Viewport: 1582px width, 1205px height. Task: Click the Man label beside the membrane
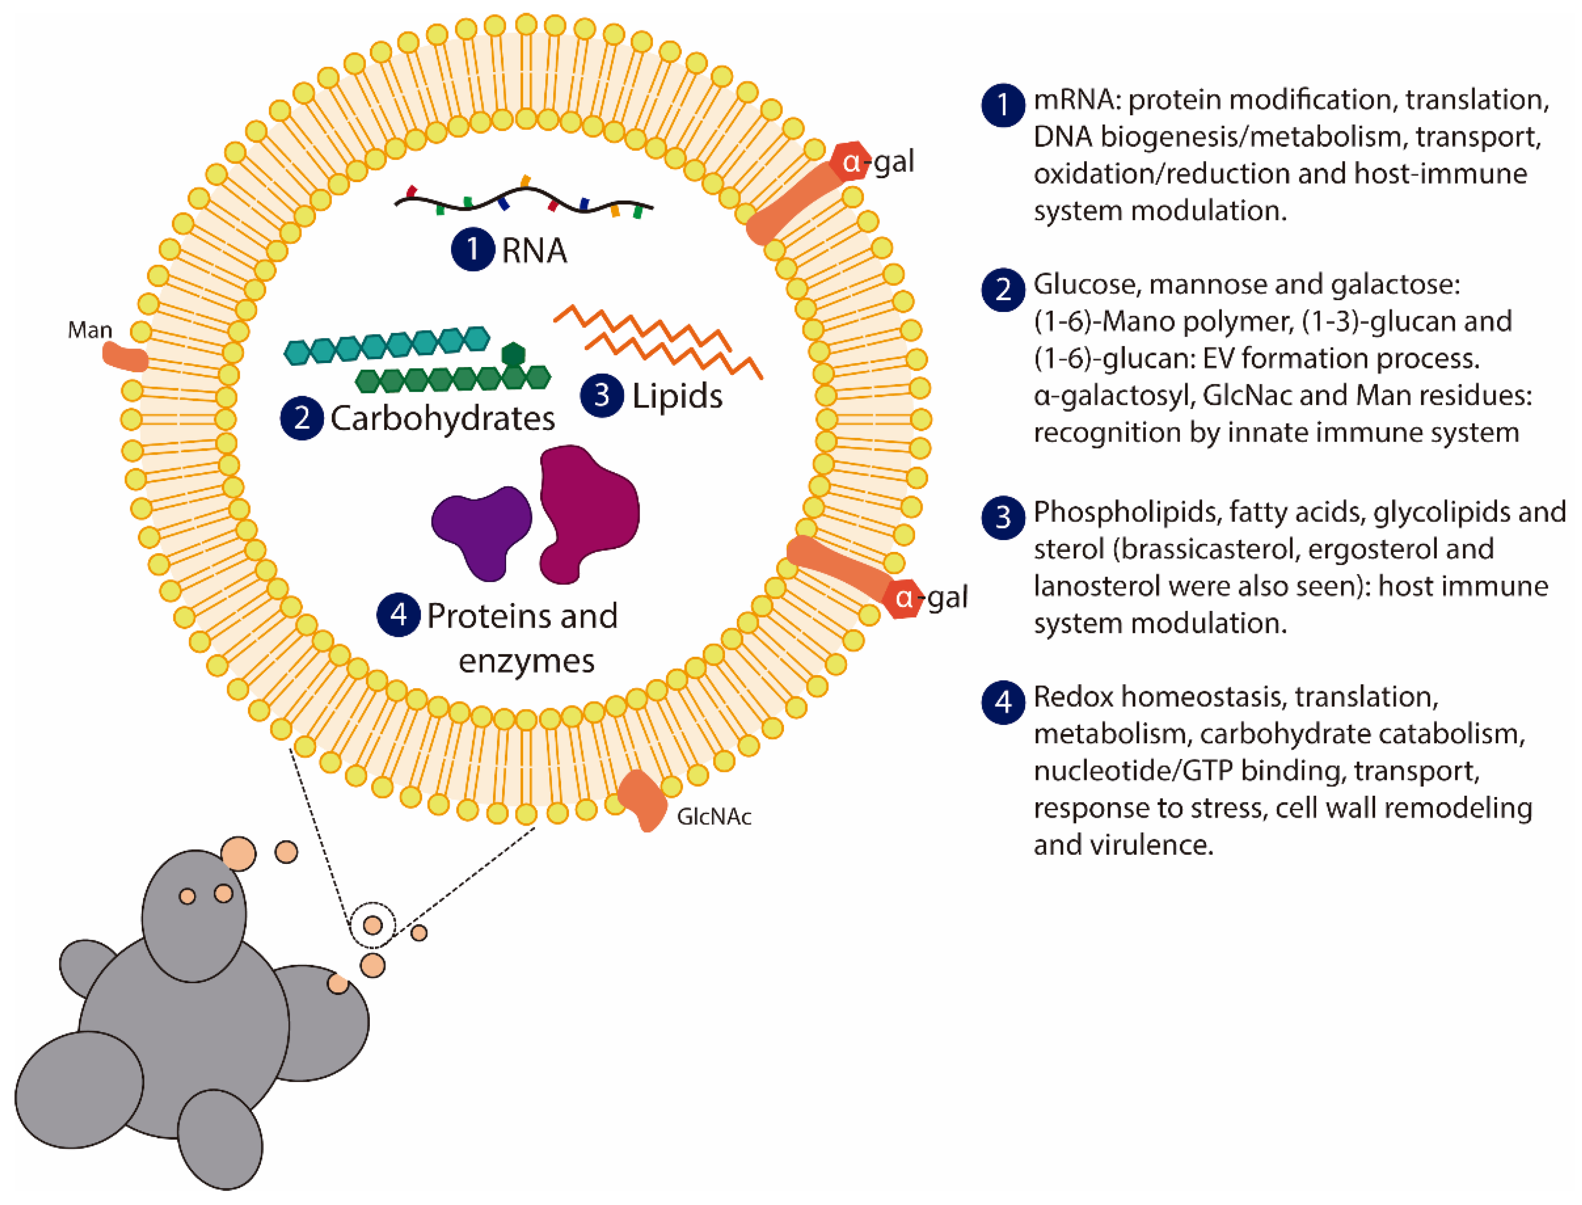coord(90,330)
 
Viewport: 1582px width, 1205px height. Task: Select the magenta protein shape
coord(589,509)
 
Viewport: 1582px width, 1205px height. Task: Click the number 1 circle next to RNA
coord(472,249)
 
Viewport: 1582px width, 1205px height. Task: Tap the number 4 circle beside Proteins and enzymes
coord(398,615)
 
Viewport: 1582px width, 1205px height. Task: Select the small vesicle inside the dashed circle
coord(372,925)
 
